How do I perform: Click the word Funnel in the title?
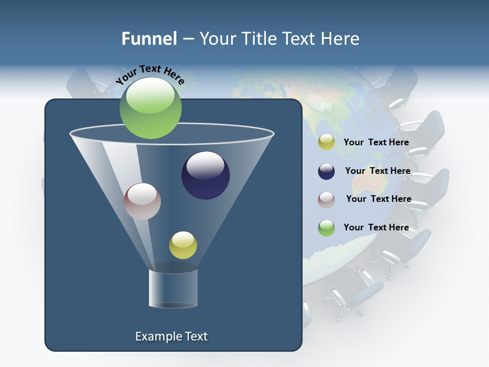tap(149, 39)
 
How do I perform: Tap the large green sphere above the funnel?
tap(150, 108)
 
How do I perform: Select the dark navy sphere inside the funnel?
tap(205, 175)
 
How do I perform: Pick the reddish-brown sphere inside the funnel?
tap(142, 201)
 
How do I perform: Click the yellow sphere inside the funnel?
tap(183, 245)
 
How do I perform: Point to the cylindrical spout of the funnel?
tap(173, 288)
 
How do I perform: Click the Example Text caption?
tap(171, 336)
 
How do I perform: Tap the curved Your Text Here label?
tap(150, 74)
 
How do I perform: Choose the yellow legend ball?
tap(326, 142)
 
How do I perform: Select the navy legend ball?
tap(326, 171)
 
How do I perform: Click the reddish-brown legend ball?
tap(326, 199)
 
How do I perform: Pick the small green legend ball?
tap(326, 228)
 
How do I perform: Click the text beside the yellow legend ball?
tap(376, 142)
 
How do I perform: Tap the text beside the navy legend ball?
tap(377, 171)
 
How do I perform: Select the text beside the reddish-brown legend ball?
tap(378, 199)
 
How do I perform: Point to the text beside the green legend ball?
tap(376, 227)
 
